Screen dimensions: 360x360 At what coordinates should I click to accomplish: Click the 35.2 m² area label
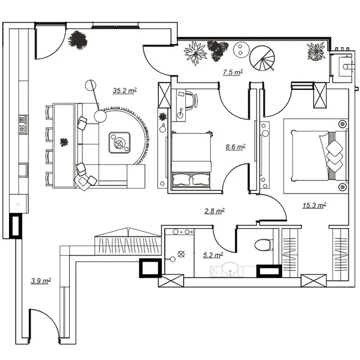click(124, 90)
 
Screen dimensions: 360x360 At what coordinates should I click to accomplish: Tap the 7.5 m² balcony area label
click(233, 72)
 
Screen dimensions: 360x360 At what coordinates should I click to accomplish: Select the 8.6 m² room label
click(236, 147)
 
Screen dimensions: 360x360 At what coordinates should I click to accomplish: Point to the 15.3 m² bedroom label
click(314, 205)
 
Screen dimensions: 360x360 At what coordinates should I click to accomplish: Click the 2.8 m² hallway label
click(214, 211)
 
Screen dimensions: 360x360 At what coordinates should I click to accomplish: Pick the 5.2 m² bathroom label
click(213, 255)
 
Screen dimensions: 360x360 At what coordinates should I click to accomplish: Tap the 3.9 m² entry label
click(41, 281)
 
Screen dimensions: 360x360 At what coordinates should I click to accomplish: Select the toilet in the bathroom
click(264, 245)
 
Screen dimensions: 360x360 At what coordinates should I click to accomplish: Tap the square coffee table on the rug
click(120, 142)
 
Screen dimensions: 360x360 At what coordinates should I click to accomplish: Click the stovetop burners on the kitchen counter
click(23, 124)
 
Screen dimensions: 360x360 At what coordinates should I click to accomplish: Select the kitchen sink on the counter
click(23, 170)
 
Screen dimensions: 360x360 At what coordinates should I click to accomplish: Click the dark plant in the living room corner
click(78, 40)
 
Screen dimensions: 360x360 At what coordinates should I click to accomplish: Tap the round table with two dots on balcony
click(241, 50)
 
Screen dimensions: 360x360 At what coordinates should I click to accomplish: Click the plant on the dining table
click(64, 142)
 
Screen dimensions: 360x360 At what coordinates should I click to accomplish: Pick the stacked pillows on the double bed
click(335, 156)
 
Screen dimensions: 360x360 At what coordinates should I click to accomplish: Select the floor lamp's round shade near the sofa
click(100, 116)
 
